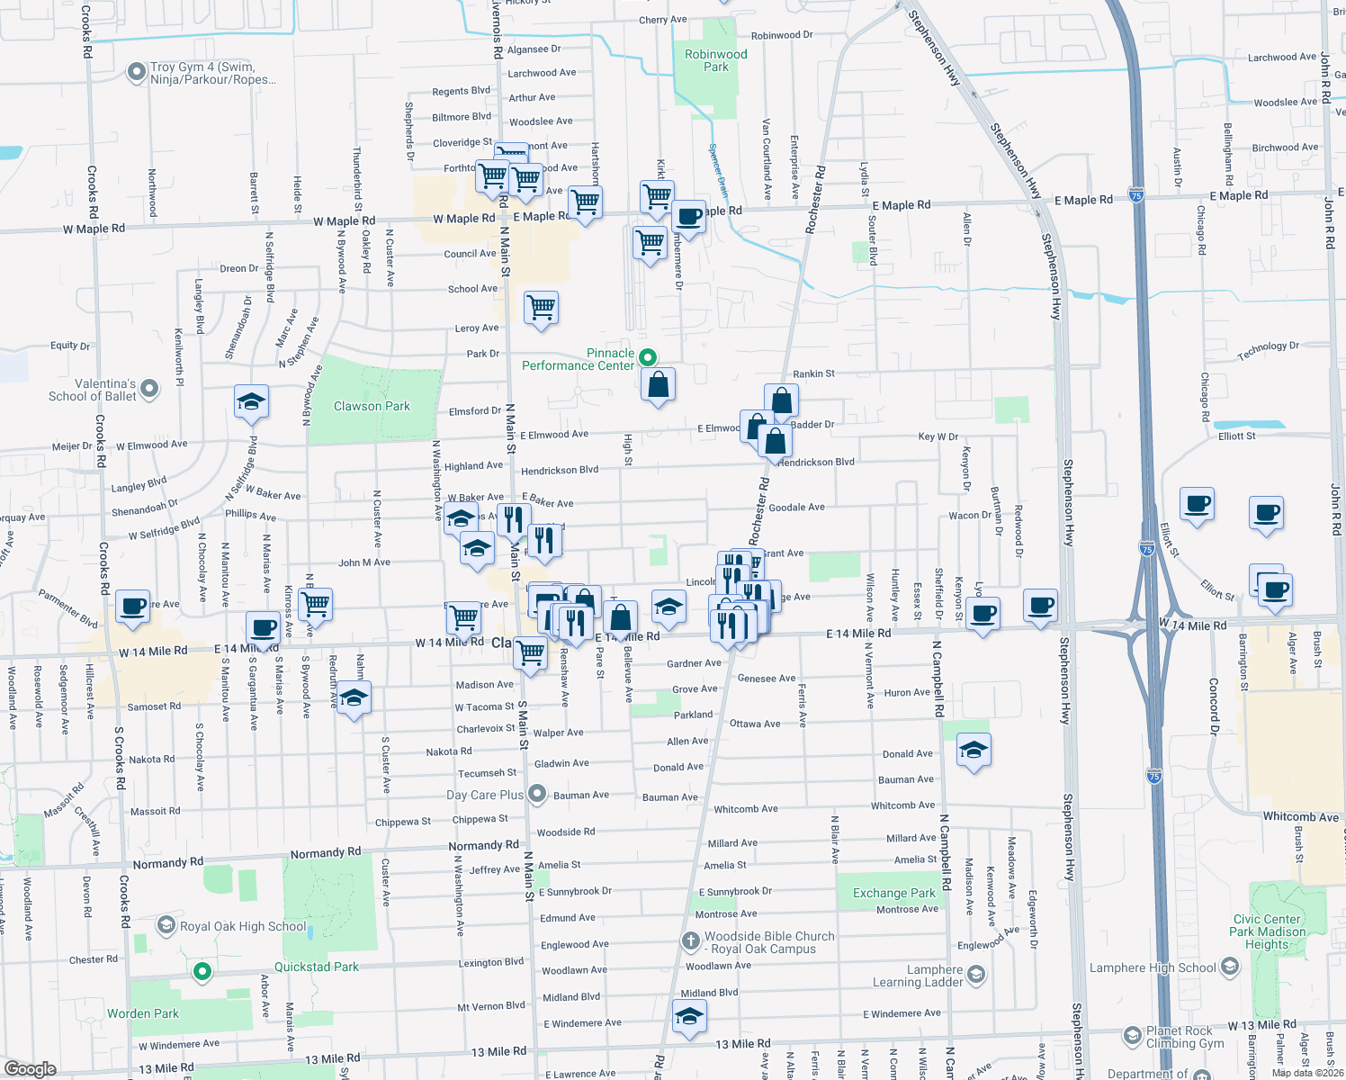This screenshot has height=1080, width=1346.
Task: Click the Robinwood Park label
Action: (x=715, y=60)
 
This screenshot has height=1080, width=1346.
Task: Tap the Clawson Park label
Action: (x=372, y=406)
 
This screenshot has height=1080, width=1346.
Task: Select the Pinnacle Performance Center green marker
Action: (x=647, y=358)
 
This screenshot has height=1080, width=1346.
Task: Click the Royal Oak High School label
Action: (x=243, y=926)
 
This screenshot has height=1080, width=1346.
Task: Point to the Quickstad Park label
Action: (x=316, y=967)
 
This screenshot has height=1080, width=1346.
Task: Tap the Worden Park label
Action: (x=143, y=1013)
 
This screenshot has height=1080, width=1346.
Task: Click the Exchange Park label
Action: (x=894, y=893)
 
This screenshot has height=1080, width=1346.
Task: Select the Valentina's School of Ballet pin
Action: (x=149, y=389)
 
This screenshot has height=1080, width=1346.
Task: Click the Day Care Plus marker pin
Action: (x=537, y=794)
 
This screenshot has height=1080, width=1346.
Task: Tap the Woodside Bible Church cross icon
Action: (x=690, y=941)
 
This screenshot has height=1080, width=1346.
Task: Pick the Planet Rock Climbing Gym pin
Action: (x=1132, y=1036)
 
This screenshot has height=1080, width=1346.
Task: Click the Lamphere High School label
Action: (x=1153, y=967)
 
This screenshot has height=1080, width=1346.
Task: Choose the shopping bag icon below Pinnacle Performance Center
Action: (x=659, y=384)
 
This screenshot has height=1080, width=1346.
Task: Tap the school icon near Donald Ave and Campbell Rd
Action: (x=974, y=749)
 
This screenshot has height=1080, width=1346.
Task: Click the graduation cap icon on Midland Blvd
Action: (x=689, y=1015)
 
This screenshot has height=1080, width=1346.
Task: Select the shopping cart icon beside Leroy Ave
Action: (x=542, y=307)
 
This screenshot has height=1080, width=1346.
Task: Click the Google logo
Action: (x=30, y=1068)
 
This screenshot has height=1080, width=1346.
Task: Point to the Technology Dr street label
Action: (x=1268, y=351)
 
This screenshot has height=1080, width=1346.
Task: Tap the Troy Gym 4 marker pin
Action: (x=137, y=71)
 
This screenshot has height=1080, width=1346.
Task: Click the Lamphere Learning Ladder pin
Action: (x=976, y=975)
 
